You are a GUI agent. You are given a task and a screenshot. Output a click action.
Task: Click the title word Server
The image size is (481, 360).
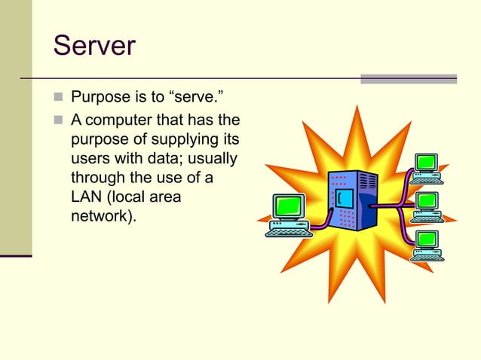pos(94,45)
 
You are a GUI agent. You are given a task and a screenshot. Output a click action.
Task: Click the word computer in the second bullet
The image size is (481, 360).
pos(129,120)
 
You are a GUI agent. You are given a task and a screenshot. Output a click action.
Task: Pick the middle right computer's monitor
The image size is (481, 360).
pos(427,201)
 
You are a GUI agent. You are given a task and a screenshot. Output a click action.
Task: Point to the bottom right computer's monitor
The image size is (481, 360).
pos(427,239)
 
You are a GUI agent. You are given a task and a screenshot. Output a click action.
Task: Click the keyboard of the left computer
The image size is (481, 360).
pos(289,230)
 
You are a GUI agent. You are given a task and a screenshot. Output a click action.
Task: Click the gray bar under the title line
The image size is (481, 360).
pos(408,78)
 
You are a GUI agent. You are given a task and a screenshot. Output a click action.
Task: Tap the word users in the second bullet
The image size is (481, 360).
pos(89,159)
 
